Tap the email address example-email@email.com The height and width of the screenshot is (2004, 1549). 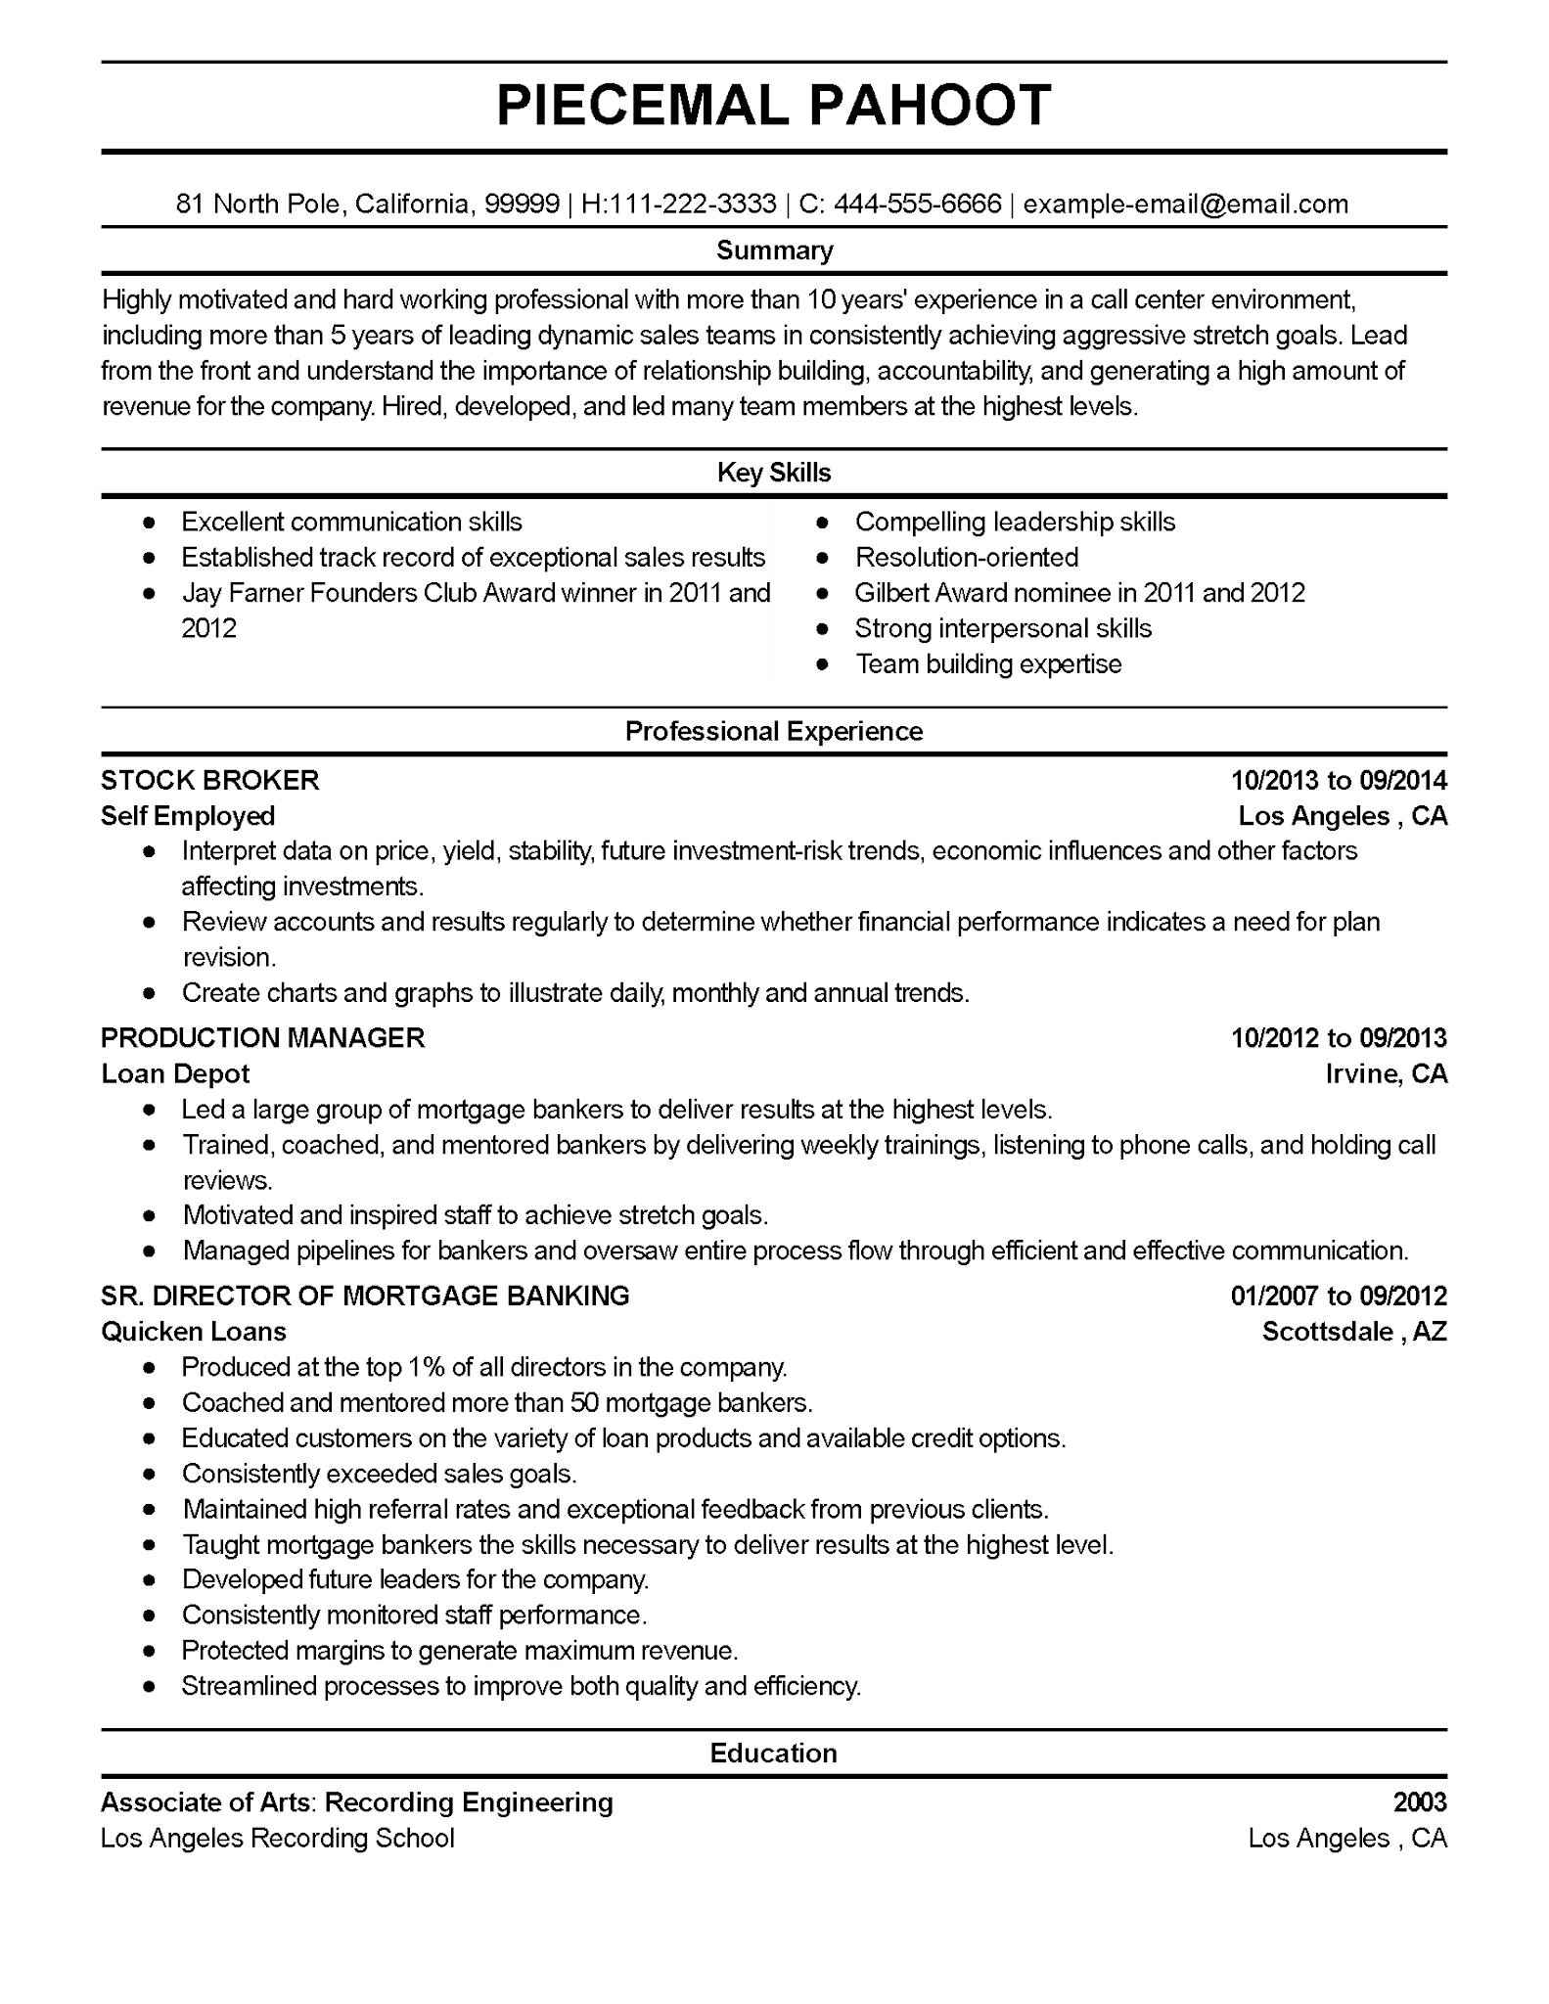[1185, 204]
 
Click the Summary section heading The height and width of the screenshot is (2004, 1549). [774, 250]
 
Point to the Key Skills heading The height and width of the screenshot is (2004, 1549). [774, 473]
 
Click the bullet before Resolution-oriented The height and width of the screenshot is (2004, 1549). [823, 558]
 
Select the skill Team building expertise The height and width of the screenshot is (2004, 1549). [988, 664]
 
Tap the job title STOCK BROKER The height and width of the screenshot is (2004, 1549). [210, 780]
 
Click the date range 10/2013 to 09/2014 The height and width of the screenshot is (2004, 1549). [1338, 780]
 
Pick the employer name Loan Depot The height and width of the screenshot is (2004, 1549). [175, 1073]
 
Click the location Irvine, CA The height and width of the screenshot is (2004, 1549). [1386, 1073]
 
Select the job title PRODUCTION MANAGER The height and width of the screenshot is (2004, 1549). [263, 1037]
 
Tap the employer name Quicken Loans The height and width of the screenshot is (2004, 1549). [194, 1331]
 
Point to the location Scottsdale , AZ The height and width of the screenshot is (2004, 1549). [1353, 1331]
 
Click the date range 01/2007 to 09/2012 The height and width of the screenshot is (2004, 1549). [1338, 1296]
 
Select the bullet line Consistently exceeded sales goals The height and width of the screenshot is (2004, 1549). [380, 1474]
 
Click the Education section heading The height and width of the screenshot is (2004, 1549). [774, 1753]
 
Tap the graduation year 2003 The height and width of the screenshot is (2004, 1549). [1419, 1801]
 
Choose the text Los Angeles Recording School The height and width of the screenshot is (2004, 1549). [278, 1838]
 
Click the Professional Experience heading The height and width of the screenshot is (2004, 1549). [774, 731]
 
